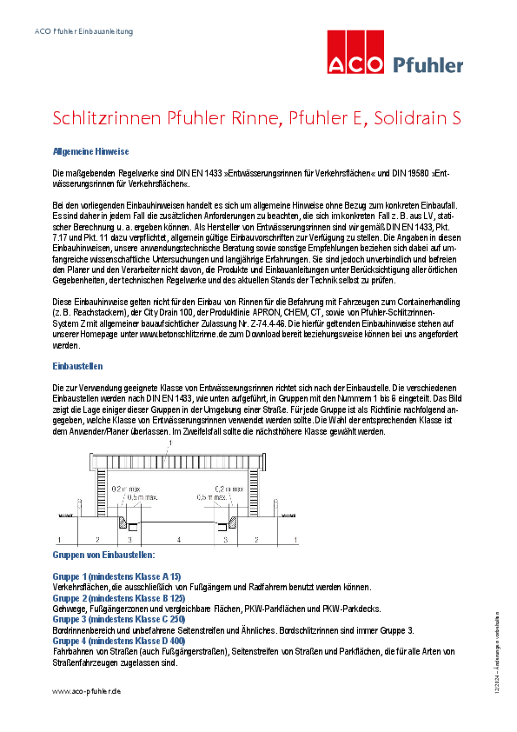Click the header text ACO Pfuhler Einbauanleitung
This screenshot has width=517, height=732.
pos(83,32)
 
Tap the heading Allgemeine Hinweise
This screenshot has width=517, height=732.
pos(91,151)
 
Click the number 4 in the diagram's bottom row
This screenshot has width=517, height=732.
pos(179,540)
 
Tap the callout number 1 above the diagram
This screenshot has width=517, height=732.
pos(170,443)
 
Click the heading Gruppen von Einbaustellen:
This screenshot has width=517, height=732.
pos(103,554)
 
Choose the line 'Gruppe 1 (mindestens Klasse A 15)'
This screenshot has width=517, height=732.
pos(116,576)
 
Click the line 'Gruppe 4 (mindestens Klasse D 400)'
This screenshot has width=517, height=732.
pos(119,641)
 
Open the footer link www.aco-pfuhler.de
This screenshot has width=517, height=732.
pos(86,690)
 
